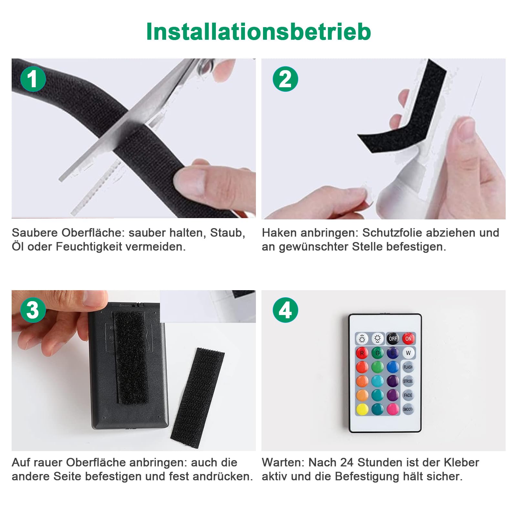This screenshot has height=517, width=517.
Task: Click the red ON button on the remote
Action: click(408, 339)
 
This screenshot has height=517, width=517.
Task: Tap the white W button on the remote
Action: click(408, 353)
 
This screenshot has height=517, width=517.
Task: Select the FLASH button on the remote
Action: click(408, 367)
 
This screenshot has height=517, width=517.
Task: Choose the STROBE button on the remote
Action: click(408, 381)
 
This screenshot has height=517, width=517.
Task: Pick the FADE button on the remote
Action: click(408, 395)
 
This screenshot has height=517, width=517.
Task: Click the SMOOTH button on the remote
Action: click(408, 409)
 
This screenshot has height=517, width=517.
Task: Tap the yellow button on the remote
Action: click(362, 409)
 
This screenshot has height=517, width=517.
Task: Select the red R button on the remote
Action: click(362, 353)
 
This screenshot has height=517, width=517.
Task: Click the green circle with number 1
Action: click(33, 79)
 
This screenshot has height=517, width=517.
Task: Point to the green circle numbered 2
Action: click(285, 79)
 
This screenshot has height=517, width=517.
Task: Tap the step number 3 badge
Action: click(33, 310)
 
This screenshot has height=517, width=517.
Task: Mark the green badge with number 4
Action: click(285, 310)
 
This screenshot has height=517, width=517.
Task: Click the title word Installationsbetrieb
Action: click(258, 32)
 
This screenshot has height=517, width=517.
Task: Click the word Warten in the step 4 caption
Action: click(283, 462)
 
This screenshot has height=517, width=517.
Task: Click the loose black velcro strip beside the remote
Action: click(197, 397)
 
